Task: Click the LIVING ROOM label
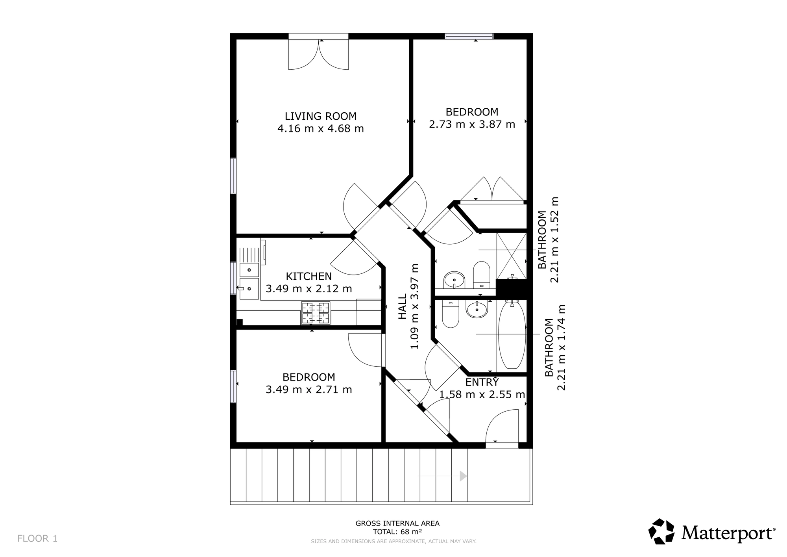(321, 116)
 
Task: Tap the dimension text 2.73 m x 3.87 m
(472, 124)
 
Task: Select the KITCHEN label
(309, 276)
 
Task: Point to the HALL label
(402, 307)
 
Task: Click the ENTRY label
(482, 382)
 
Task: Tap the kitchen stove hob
(316, 313)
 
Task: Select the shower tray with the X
(511, 256)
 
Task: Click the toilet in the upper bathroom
(481, 275)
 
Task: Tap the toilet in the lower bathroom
(451, 314)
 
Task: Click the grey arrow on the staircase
(442, 476)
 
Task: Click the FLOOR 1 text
(37, 538)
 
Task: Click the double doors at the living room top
(318, 55)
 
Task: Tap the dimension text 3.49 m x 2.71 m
(309, 390)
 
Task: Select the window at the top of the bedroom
(469, 36)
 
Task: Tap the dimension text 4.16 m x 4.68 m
(321, 129)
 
